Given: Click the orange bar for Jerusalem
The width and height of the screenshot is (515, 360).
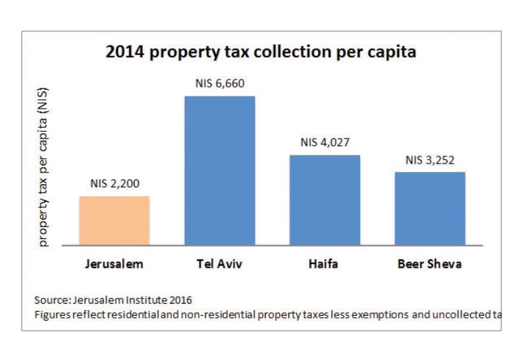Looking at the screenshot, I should pos(114,220).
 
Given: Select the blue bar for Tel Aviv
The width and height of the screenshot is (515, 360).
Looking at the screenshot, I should pos(219,170).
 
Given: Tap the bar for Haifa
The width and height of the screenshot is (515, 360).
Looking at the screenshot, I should pos(325,200).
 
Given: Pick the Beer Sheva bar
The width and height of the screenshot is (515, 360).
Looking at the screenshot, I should pos(429,208).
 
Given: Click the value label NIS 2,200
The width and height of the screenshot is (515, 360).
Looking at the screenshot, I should pos(114,184).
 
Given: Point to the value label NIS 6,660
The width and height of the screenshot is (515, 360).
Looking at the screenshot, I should pos(219,84).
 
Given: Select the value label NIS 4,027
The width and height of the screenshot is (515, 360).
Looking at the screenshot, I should pos(325,143).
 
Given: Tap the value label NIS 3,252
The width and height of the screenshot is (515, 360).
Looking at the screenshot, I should pos(429,160).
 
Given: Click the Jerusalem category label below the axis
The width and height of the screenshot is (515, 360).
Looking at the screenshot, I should pos(114,264).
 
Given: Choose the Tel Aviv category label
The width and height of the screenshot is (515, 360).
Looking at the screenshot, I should pos(219,264).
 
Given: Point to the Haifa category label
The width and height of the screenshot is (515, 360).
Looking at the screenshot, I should pos(325,264).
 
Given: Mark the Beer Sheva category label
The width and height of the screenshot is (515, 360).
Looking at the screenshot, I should pos(429,264).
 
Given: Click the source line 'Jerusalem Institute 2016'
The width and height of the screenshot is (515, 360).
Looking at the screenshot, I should pos(132,300).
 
